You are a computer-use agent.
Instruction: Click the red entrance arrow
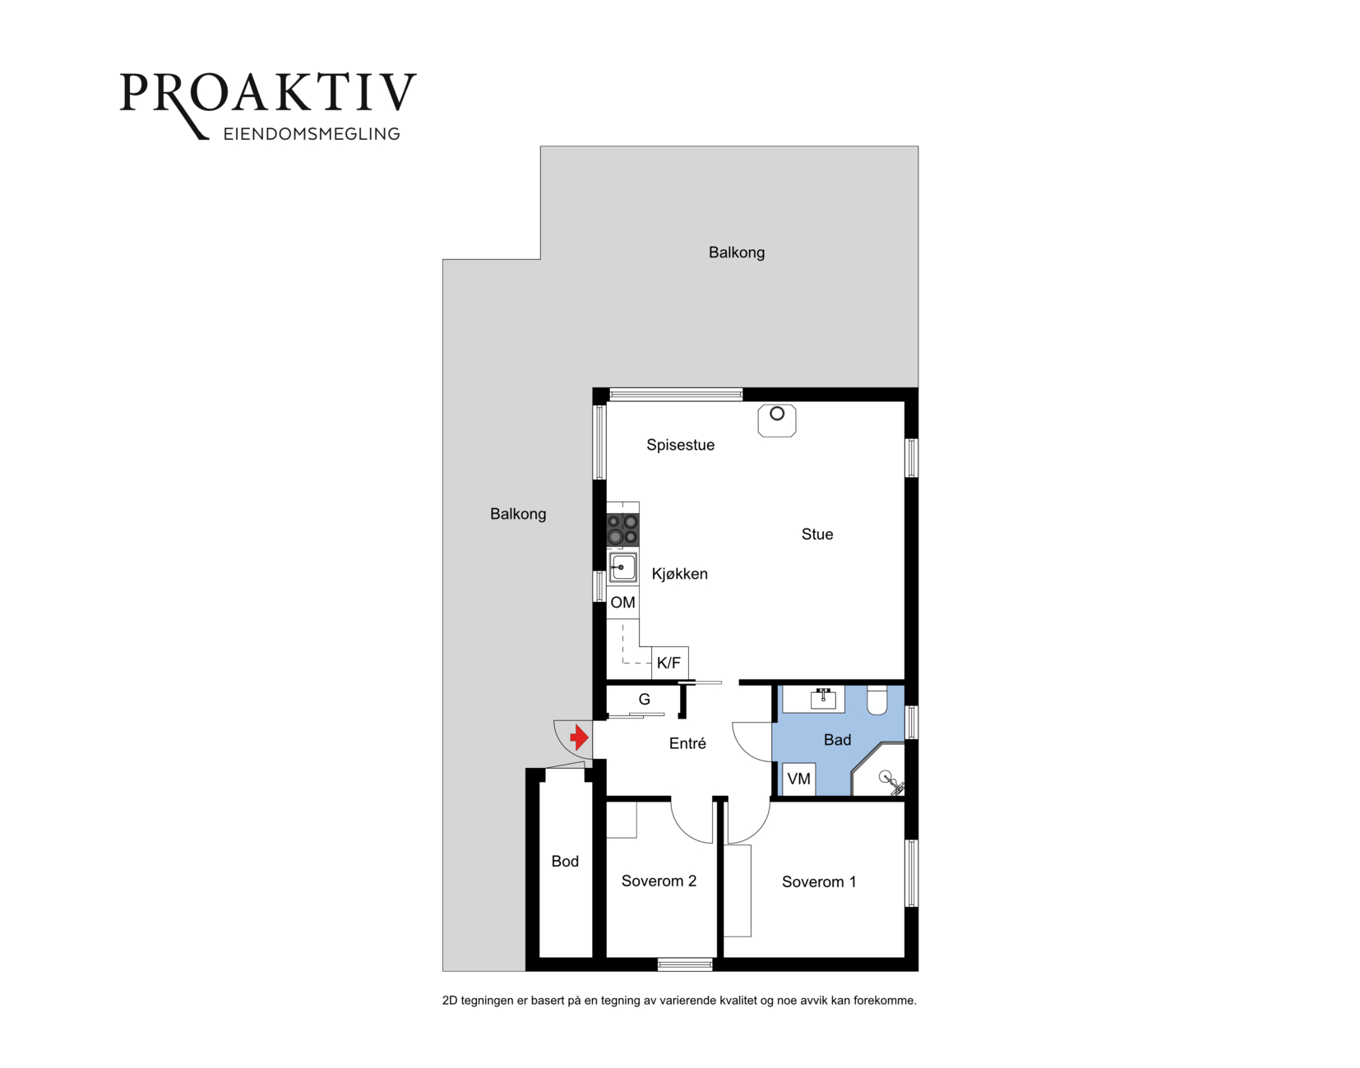click(x=580, y=737)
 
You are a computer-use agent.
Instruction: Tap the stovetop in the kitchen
click(x=622, y=529)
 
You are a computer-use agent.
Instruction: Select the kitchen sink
click(x=622, y=568)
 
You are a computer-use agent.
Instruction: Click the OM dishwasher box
click(x=622, y=603)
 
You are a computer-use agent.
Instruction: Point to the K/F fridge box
click(x=669, y=663)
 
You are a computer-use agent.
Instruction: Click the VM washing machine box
click(x=799, y=779)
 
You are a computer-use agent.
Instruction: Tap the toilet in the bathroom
click(x=877, y=700)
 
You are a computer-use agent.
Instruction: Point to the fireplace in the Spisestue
click(x=777, y=420)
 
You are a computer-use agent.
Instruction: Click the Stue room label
click(x=817, y=534)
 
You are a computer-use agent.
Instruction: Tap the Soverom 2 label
click(x=659, y=881)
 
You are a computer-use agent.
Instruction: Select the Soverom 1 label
click(x=819, y=882)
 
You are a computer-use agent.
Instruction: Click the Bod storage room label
click(x=565, y=862)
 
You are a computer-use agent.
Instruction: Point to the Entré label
click(x=688, y=743)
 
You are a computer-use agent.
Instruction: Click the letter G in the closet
click(x=645, y=700)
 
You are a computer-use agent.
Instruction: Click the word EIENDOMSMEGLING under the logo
click(x=312, y=134)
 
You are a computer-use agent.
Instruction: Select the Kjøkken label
click(x=680, y=574)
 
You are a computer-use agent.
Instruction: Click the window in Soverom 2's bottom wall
click(x=685, y=964)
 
